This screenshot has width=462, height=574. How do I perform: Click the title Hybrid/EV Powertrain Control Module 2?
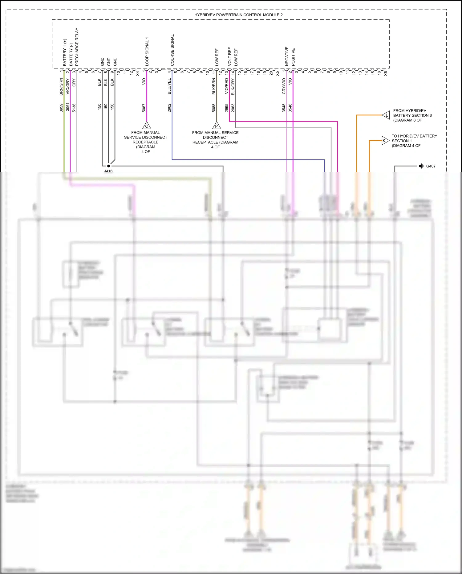[x=238, y=15]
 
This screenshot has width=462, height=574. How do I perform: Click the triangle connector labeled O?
[x=147, y=126]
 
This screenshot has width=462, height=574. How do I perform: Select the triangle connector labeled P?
[x=217, y=126]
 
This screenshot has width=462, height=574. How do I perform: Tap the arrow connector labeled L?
[x=386, y=115]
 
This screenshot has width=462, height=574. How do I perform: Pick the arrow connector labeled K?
[x=385, y=141]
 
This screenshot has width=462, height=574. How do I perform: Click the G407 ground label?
[x=431, y=166]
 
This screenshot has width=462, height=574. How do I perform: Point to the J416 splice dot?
[x=108, y=166]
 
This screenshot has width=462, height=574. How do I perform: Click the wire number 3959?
[x=61, y=108]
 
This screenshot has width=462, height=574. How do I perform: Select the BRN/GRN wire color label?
[x=61, y=87]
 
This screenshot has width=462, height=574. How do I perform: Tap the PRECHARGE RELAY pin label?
[x=77, y=47]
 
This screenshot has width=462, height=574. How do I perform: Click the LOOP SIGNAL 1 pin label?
[x=147, y=51]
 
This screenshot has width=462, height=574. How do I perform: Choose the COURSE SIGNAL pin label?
[x=172, y=50]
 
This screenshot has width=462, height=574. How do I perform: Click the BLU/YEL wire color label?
[x=169, y=86]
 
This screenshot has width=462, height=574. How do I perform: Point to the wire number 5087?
[x=144, y=108]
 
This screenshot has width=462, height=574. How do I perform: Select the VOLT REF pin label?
[x=229, y=56]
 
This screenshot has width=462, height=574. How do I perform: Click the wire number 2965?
[x=227, y=108]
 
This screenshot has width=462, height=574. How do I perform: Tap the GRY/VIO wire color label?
[x=284, y=86]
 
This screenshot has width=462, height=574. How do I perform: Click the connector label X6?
[x=385, y=73]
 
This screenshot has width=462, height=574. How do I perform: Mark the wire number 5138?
[x=74, y=108]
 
